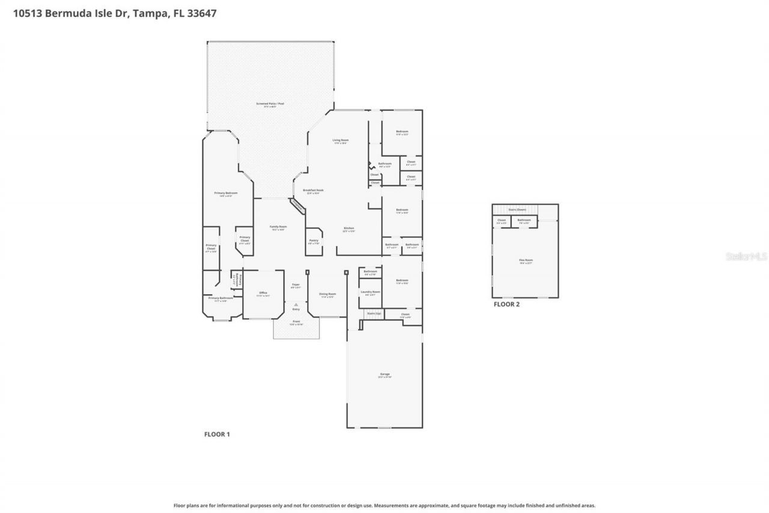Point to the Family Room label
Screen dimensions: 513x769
(278, 227)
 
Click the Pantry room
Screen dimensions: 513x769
(314, 241)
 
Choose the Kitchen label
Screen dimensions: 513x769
(348, 229)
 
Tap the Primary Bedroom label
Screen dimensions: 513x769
(226, 194)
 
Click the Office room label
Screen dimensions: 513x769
(263, 293)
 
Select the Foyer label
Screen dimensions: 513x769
(296, 285)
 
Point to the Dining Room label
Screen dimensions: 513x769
(327, 295)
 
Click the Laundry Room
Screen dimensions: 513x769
(370, 292)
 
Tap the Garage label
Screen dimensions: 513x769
(384, 375)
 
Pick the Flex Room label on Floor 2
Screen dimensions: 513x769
(526, 261)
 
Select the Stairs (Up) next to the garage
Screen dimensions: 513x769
(373, 313)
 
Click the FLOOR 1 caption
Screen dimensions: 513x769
(217, 434)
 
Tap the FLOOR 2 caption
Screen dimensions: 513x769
(506, 304)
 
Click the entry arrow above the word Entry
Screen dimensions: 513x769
(296, 305)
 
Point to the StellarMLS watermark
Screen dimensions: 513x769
(746, 256)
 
